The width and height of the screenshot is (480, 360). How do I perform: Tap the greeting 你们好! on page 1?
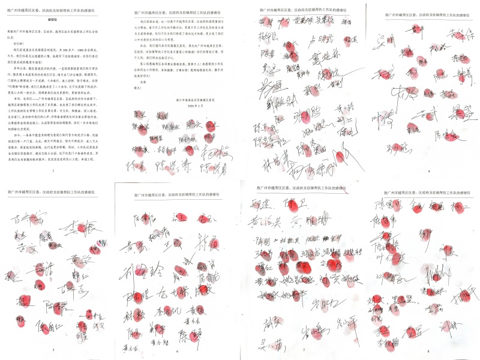coord(15,44)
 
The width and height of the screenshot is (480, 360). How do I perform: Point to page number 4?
coord(428,171)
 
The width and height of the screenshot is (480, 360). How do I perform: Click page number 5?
coord(53,350)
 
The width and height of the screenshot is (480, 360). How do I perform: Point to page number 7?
coord(304,350)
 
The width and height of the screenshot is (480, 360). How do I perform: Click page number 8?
coord(428,350)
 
